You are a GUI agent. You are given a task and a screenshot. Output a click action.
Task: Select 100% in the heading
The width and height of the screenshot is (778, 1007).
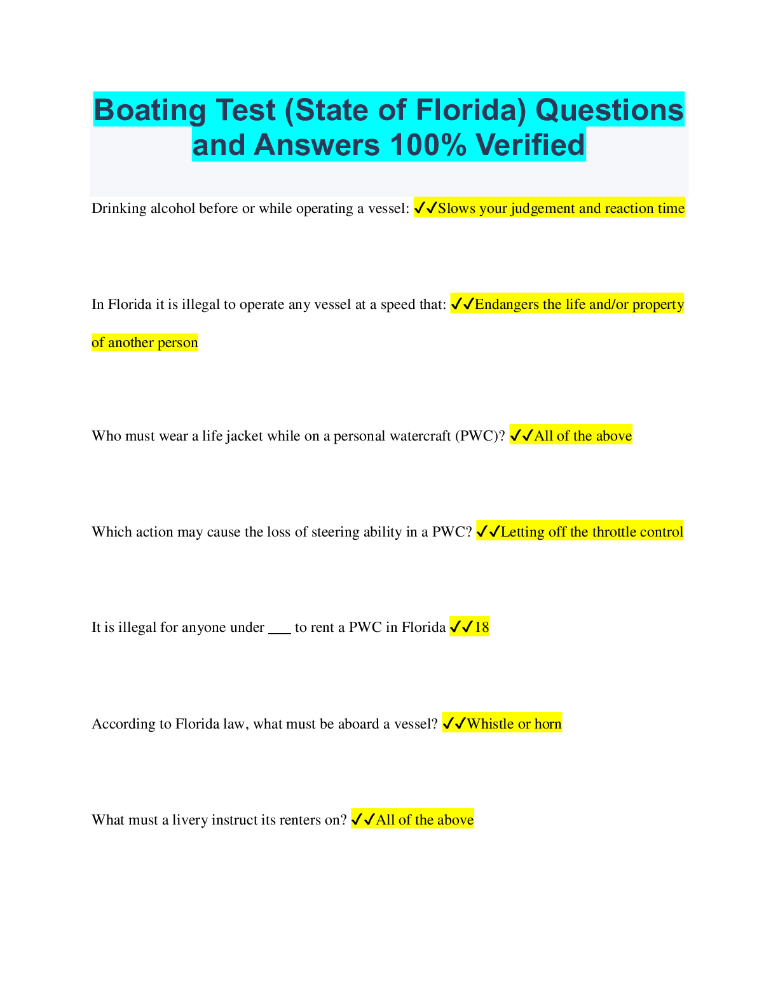pyautogui.click(x=428, y=145)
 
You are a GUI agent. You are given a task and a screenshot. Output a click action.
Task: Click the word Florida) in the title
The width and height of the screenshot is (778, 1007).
pyautogui.click(x=471, y=110)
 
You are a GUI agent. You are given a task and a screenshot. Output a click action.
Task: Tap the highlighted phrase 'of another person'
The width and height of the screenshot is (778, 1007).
pyautogui.click(x=144, y=343)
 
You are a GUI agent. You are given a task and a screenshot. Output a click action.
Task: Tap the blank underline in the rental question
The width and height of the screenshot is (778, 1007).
pyautogui.click(x=280, y=633)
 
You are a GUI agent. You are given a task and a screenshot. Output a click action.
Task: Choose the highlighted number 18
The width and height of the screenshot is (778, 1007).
pyautogui.click(x=482, y=627)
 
